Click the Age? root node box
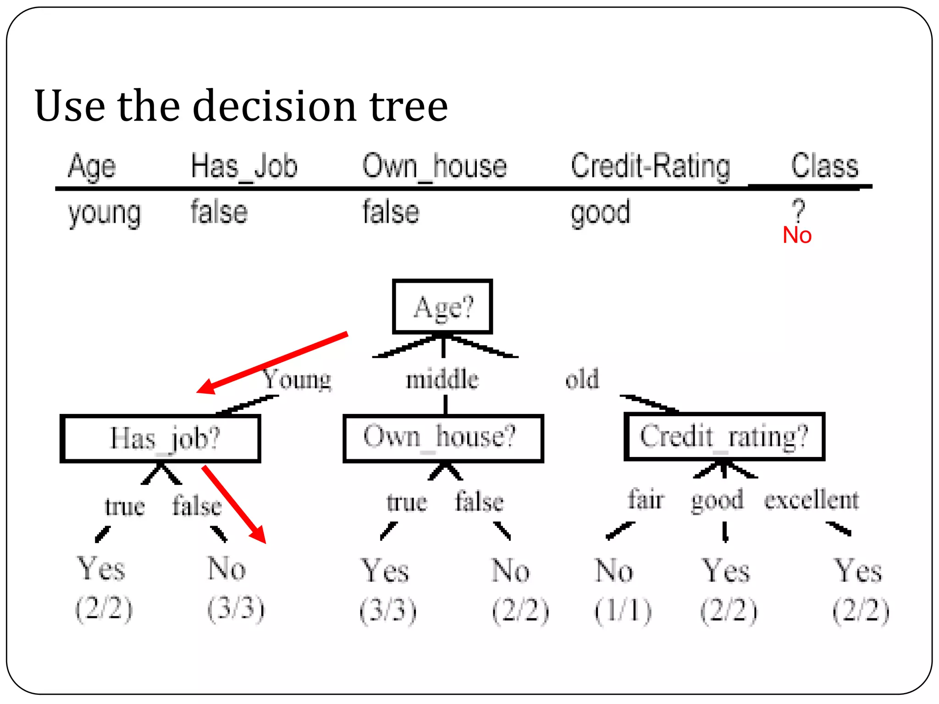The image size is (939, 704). (x=442, y=306)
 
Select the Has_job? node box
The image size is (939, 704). (x=160, y=438)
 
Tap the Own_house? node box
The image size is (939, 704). (x=443, y=438)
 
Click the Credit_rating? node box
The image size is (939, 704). (x=724, y=436)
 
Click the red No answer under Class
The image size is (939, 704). (x=797, y=236)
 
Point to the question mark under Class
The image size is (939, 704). (x=798, y=209)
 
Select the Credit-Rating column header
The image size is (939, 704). (x=650, y=166)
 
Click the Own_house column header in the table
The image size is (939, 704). (x=434, y=166)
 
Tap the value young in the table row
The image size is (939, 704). (x=105, y=214)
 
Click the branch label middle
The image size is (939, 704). (x=442, y=379)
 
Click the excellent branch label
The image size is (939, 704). (x=811, y=500)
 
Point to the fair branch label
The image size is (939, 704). (x=646, y=500)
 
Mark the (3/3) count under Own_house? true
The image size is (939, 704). (x=388, y=610)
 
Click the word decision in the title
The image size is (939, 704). (x=274, y=106)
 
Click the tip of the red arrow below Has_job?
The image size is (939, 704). (x=265, y=542)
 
